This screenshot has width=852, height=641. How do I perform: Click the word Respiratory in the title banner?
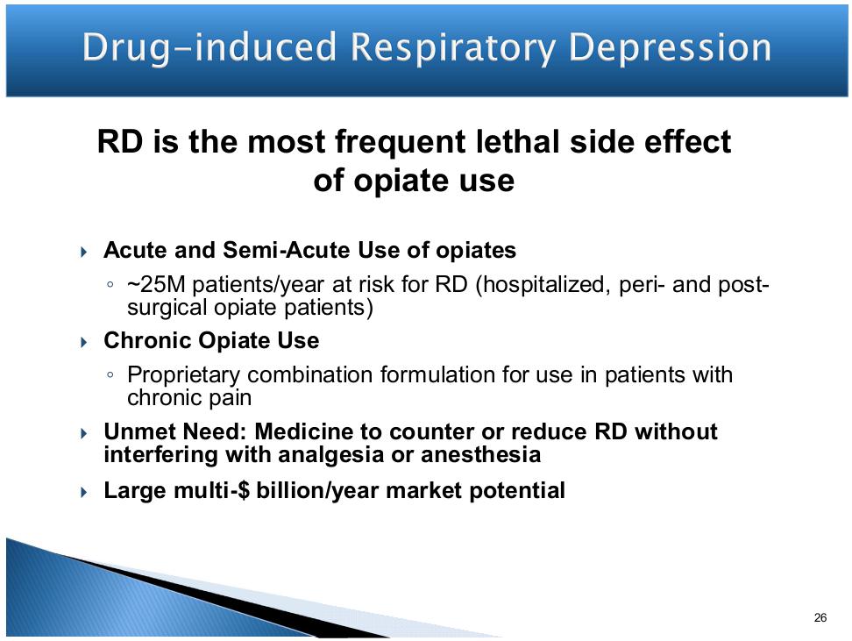point(453,48)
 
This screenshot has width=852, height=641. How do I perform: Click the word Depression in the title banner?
point(670,48)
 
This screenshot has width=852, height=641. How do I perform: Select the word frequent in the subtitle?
point(401,142)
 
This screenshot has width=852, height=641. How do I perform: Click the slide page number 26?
point(820,617)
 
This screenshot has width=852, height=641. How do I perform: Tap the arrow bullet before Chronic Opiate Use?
point(83,342)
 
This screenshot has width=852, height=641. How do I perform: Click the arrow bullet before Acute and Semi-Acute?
point(83,251)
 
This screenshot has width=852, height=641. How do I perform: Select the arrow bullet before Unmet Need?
point(83,433)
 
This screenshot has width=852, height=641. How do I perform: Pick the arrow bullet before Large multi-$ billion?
point(83,492)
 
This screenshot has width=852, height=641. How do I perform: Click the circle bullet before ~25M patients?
point(110,284)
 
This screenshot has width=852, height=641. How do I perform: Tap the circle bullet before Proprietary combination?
point(110,374)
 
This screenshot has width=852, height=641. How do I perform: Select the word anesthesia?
point(481,454)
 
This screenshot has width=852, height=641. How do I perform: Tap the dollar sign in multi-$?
point(244,490)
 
